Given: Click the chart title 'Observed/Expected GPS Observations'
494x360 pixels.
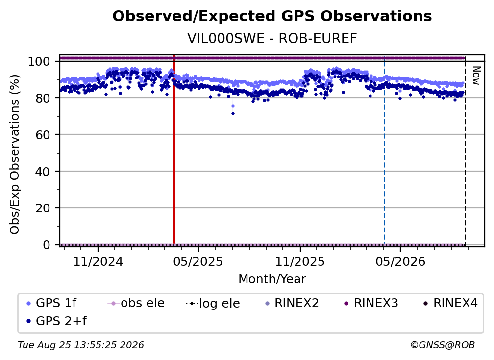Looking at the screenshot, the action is [272, 16].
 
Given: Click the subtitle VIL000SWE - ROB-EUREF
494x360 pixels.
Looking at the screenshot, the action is [272, 38].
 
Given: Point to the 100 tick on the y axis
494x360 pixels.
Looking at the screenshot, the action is [39, 61].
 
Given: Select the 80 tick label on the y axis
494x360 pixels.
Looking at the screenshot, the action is [43, 98].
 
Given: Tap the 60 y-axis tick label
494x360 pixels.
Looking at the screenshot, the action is [43, 135].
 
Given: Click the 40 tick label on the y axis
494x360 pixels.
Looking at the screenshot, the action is [43, 172].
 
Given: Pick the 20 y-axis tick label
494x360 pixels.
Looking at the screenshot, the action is [43, 208].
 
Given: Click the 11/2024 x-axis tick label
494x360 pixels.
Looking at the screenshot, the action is [98, 261].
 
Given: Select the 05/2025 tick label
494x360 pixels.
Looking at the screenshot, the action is [198, 261].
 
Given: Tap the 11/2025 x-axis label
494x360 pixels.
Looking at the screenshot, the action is [300, 261].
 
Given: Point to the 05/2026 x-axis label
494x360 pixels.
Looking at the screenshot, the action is [400, 261].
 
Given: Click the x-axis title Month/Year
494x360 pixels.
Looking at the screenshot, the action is [272, 279].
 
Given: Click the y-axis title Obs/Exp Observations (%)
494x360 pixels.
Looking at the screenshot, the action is [15, 154].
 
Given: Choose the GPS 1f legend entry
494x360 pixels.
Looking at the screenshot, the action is [51, 303].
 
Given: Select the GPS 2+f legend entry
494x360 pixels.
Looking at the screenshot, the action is [56, 321].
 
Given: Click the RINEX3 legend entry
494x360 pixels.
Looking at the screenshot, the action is [371, 303].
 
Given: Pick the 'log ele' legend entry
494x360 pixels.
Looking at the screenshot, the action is [213, 304].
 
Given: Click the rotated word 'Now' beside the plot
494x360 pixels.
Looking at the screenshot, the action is [476, 76].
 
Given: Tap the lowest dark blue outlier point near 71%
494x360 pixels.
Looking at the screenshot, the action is [233, 113].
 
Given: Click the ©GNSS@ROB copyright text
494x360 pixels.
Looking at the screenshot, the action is [443, 345].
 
